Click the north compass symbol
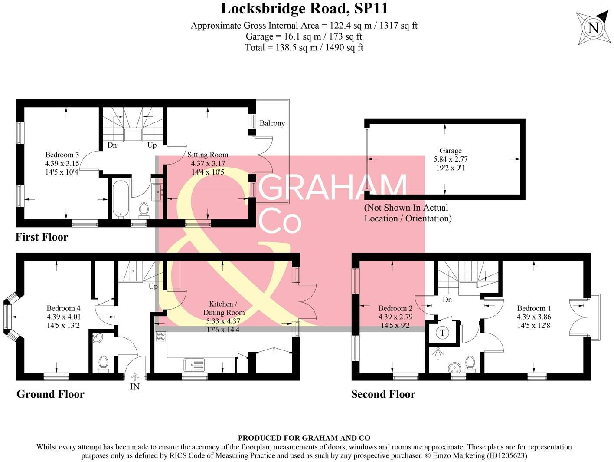point(593,28)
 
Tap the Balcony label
point(272,123)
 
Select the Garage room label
point(451,151)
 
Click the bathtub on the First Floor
point(118,199)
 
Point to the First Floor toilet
point(144,210)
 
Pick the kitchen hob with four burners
point(160,336)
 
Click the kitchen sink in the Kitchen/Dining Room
point(194,364)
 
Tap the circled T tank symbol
point(442,333)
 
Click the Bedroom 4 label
point(63,308)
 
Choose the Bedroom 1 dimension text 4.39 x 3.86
point(534,317)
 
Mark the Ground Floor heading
point(50,394)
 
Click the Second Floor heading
point(383,394)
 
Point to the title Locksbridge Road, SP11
point(304,8)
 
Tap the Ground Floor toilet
point(103,363)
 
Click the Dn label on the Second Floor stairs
point(447,300)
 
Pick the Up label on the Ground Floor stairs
point(153,287)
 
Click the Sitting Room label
point(208,155)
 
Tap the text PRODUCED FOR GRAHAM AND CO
point(304,438)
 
